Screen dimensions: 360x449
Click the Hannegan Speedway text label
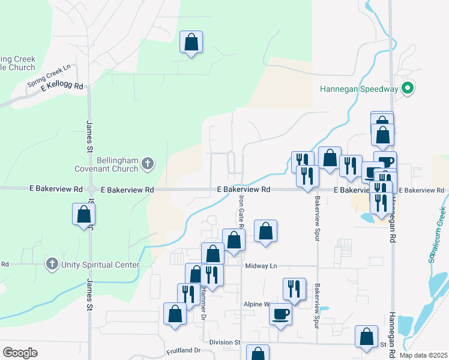coord(359,89)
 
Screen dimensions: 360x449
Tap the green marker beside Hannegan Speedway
coord(408,89)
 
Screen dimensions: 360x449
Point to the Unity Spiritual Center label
coord(100,265)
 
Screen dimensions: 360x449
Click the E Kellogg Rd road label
coord(62,86)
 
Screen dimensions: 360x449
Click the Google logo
coord(20,353)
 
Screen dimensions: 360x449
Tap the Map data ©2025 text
coord(423,355)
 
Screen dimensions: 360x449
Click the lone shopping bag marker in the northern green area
coord(191,43)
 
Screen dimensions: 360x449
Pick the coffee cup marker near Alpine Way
coord(280,313)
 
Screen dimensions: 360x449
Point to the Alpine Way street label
coord(257,304)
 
